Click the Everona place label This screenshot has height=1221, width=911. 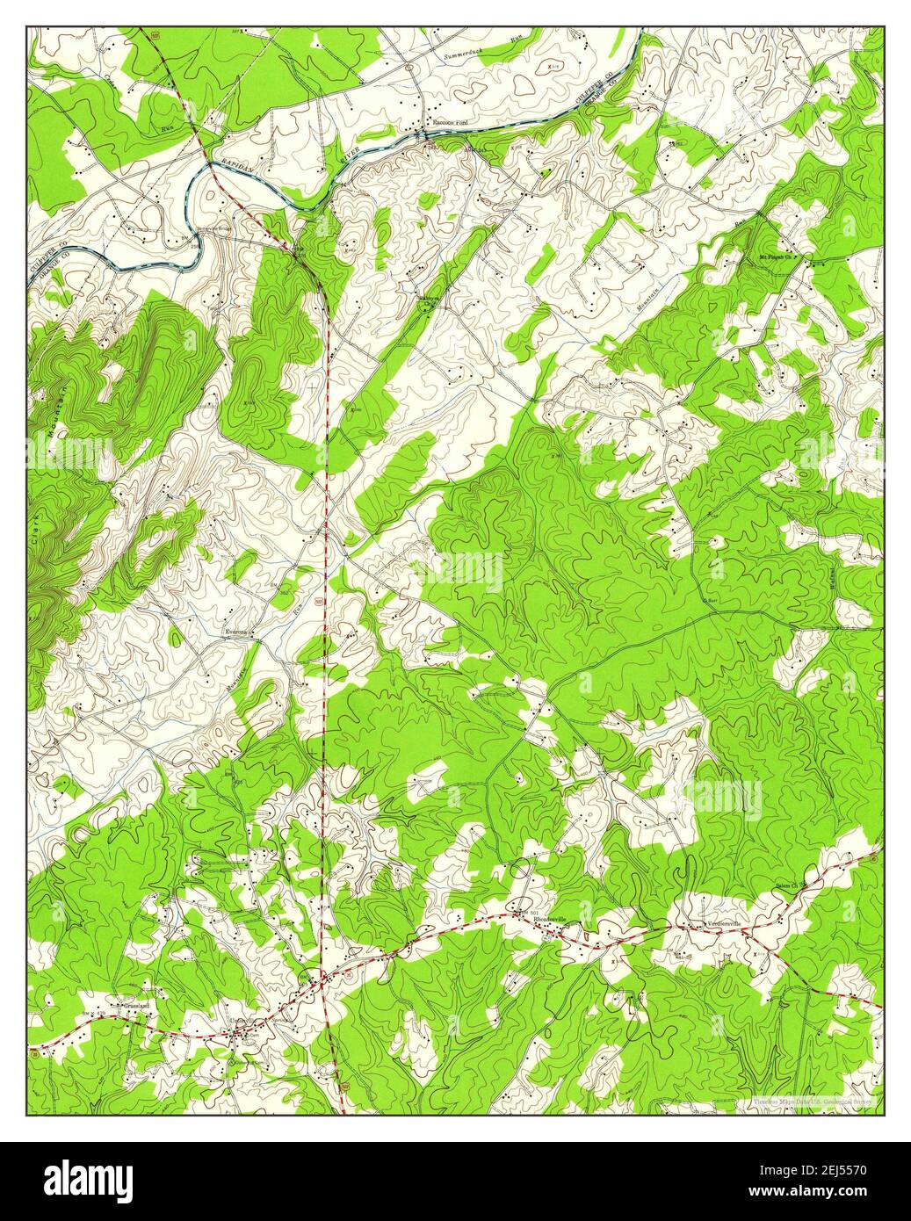[x=235, y=632]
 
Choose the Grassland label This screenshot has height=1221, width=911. [x=123, y=1004]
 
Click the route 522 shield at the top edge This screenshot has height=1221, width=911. [x=154, y=33]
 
